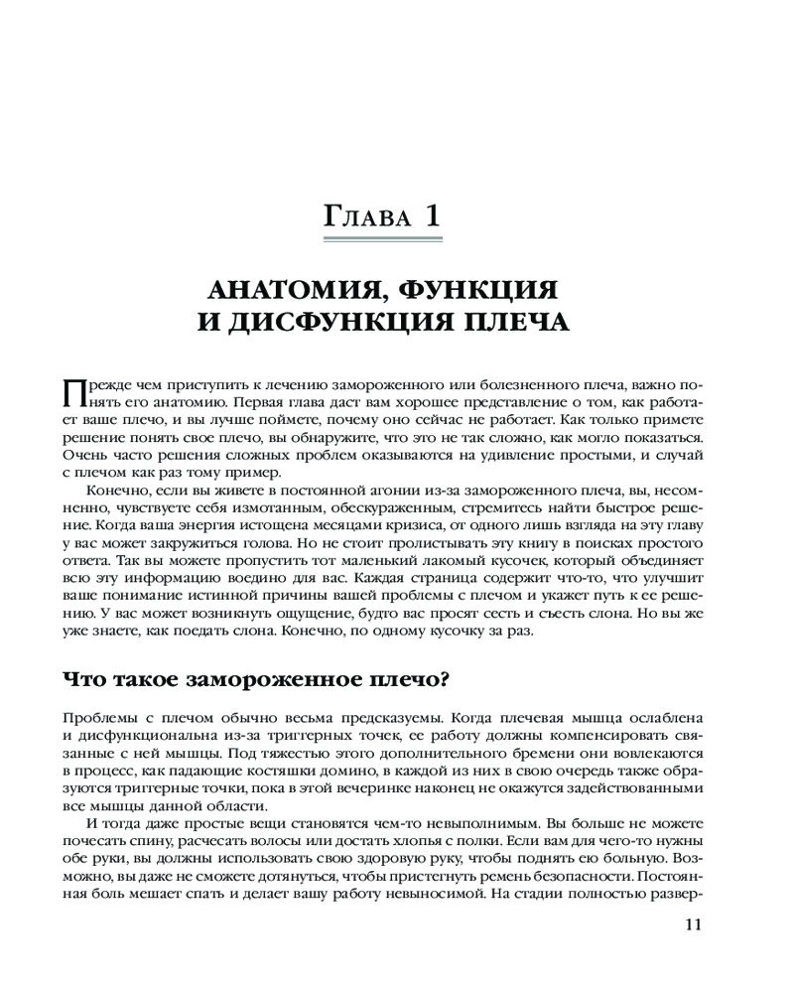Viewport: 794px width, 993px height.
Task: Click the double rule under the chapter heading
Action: point(383,239)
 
